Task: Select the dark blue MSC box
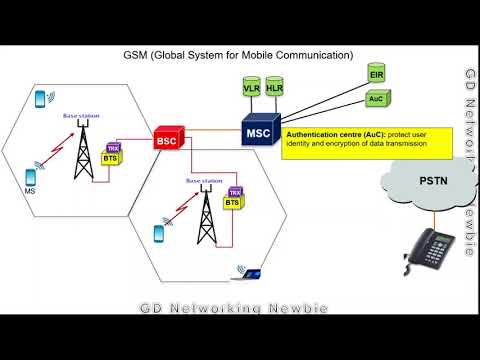261,131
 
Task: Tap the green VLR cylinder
251,89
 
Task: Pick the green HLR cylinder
273,89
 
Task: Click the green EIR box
377,75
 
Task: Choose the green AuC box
377,99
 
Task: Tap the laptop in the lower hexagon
241,269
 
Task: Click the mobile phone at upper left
42,101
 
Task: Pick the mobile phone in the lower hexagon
159,233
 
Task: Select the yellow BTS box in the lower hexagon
232,202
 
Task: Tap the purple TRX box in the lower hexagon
235,191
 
